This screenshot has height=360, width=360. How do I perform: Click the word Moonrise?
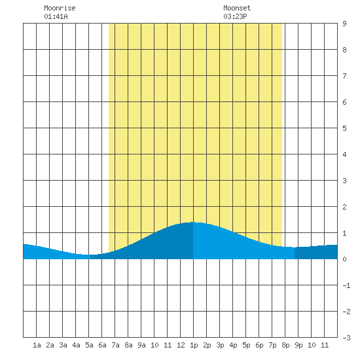(60, 8)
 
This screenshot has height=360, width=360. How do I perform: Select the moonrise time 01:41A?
(56, 16)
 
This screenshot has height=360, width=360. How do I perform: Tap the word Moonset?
(237, 8)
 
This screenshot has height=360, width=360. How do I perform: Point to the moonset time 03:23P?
(235, 16)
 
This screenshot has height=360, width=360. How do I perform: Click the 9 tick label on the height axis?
(344, 24)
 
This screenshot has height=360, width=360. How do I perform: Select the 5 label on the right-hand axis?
(344, 128)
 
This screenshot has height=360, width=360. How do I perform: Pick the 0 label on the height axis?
(344, 259)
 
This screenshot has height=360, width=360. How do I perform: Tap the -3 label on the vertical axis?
(346, 338)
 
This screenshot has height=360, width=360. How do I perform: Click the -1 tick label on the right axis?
(346, 285)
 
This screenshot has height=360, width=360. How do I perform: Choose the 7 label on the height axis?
(344, 76)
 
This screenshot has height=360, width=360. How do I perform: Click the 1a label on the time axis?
(37, 345)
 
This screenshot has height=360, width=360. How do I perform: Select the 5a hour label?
(89, 345)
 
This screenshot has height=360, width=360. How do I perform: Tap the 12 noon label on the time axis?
(181, 345)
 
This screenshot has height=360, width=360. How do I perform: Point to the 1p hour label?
(194, 346)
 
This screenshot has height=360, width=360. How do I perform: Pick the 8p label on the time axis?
(285, 346)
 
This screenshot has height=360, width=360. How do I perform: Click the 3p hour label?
(220, 346)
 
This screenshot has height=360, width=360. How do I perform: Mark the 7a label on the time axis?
(115, 345)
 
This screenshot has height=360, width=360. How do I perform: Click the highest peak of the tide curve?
(193, 222)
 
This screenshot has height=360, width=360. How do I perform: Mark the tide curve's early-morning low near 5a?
(88, 255)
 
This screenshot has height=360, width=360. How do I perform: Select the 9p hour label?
(298, 346)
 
